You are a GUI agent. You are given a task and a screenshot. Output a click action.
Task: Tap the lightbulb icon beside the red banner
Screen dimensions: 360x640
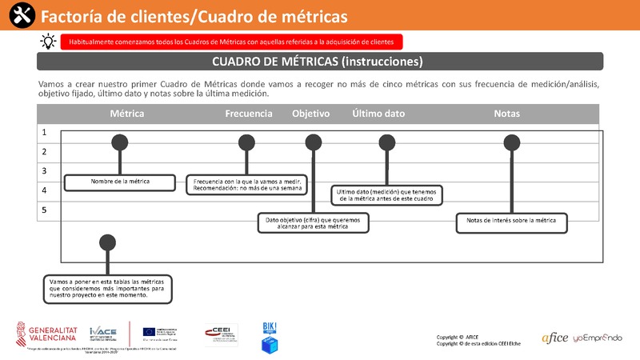(x=49, y=42)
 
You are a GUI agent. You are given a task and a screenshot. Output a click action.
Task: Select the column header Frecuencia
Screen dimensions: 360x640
(x=249, y=114)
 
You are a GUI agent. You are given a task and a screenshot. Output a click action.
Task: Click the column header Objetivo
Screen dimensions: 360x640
(x=311, y=114)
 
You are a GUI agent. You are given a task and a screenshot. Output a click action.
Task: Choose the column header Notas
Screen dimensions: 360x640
(x=507, y=114)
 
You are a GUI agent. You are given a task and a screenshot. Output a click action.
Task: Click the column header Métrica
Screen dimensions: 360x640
(x=127, y=114)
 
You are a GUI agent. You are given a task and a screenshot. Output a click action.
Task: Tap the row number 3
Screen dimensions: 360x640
(x=45, y=171)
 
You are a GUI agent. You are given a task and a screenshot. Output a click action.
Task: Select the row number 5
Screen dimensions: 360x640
(x=45, y=210)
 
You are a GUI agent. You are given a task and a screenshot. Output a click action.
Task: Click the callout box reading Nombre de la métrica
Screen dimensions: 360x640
(x=120, y=182)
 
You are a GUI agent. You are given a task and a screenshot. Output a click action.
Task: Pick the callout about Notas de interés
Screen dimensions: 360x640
(x=511, y=222)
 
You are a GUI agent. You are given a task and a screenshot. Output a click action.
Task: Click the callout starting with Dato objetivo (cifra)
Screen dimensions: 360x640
(x=313, y=222)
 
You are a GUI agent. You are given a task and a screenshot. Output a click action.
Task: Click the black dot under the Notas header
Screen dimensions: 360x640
(x=510, y=142)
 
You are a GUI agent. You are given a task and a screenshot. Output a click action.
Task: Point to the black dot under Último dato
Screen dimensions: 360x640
(x=387, y=142)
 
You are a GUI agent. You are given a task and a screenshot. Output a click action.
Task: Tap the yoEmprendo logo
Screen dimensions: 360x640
(x=597, y=338)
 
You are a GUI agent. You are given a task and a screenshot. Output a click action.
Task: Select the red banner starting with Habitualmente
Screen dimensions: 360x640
(x=232, y=42)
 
